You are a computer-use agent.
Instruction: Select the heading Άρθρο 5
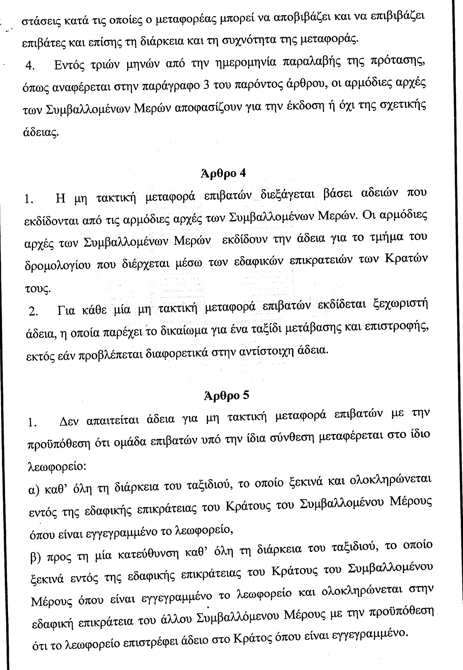point(226,396)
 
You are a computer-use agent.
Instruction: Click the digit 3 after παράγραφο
point(207,86)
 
